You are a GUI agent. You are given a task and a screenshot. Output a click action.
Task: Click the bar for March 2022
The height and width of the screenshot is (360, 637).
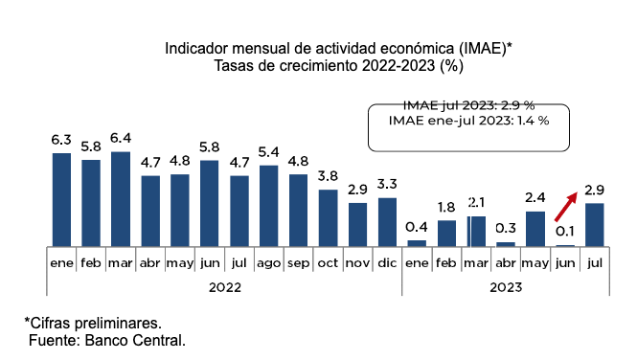[121, 199]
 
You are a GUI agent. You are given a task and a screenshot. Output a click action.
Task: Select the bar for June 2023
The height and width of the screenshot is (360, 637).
[565, 245]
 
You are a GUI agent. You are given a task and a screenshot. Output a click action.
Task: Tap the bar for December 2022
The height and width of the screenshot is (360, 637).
[387, 222]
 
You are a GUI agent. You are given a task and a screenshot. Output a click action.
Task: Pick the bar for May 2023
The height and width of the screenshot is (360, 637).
[535, 229]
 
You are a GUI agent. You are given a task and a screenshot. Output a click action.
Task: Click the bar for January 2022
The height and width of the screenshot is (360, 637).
[61, 200]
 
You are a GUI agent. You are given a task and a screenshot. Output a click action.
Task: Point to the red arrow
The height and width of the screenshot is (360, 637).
[566, 207]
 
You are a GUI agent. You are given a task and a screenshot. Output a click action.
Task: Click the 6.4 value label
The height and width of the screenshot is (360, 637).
[121, 139]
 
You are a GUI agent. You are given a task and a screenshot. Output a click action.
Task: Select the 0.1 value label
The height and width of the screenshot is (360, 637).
[565, 232]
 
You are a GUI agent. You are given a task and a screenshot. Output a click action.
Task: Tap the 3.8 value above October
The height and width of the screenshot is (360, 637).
[328, 176]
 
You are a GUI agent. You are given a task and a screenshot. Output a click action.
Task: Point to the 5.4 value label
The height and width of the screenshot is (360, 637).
[269, 152]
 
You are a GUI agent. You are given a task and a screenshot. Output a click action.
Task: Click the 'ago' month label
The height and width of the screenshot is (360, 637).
[269, 263]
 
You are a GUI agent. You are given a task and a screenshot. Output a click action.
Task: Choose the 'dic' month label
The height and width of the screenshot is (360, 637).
[387, 263]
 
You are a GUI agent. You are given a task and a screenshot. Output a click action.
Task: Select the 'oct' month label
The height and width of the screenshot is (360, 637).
[328, 263]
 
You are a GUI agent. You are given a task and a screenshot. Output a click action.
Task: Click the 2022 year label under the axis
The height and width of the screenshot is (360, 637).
[225, 287]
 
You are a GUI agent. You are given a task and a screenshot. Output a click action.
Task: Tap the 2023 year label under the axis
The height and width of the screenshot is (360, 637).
[506, 287]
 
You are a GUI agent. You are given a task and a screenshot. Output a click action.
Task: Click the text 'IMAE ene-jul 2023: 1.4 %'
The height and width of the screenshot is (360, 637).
[468, 121]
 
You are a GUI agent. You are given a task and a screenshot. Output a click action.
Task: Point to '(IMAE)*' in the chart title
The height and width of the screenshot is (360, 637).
[486, 48]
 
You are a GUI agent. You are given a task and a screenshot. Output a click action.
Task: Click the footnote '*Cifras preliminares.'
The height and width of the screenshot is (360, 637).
[93, 324]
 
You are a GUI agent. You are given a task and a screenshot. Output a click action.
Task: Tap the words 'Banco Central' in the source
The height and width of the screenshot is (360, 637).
[134, 340]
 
